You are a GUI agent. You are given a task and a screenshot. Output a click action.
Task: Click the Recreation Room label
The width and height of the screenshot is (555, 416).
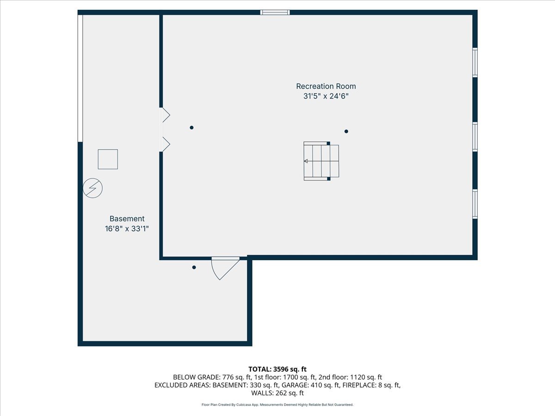pyautogui.click(x=326, y=86)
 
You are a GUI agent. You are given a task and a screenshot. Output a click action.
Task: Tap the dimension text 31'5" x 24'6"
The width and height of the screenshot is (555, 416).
pyautogui.click(x=326, y=97)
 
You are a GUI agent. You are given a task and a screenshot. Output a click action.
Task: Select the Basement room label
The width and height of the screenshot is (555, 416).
pyautogui.click(x=127, y=219)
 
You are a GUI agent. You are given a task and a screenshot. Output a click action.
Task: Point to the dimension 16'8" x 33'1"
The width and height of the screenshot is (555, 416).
pyautogui.click(x=127, y=228)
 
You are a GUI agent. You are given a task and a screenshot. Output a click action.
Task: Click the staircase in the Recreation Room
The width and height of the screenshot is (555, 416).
pyautogui.click(x=321, y=161)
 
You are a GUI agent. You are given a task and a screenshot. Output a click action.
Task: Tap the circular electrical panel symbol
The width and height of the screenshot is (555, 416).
pyautogui.click(x=92, y=188)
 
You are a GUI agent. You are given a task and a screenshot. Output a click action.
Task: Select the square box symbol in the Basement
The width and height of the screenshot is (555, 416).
pyautogui.click(x=108, y=159)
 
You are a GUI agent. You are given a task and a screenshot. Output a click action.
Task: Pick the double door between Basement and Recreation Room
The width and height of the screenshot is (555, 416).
pyautogui.click(x=164, y=129)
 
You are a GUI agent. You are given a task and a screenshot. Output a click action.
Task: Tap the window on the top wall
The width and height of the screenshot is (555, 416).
pyautogui.click(x=275, y=12)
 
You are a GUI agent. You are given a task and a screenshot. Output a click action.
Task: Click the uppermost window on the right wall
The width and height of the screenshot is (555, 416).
pyautogui.click(x=475, y=62)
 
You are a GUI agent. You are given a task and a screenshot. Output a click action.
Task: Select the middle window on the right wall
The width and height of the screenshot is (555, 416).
pyautogui.click(x=475, y=137)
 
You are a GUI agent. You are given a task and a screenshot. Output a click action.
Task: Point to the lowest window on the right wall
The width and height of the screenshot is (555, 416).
pyautogui.click(x=475, y=204)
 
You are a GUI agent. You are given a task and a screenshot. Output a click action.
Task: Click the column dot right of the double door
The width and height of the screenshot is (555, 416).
pyautogui.click(x=191, y=128)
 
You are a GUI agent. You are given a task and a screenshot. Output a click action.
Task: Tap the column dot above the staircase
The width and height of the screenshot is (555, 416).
pyautogui.click(x=346, y=131)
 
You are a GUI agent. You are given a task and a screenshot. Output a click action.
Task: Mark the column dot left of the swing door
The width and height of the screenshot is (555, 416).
pyautogui.click(x=194, y=267)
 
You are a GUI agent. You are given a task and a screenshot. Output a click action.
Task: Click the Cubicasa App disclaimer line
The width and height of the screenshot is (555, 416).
pyautogui.click(x=277, y=404)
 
